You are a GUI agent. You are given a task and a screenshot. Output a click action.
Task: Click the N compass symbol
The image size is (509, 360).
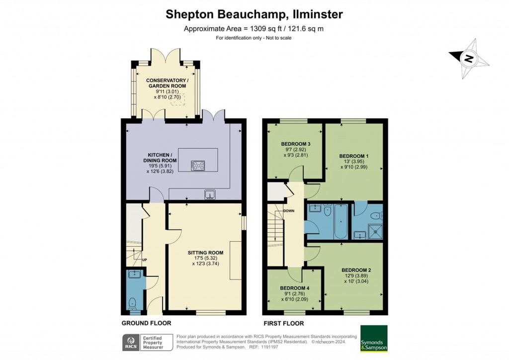point(468,59)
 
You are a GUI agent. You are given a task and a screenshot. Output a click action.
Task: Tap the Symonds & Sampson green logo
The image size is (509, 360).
point(374,339)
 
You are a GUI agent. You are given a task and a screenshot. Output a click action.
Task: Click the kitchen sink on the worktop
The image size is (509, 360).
point(211,194)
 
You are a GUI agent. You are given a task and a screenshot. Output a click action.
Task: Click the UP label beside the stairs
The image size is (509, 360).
point(145,260)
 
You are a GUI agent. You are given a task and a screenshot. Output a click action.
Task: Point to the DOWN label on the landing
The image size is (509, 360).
point(289,211)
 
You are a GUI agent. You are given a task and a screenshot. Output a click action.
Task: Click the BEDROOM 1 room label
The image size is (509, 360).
point(354,156)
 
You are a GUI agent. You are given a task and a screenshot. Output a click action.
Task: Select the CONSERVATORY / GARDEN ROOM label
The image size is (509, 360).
point(167,83)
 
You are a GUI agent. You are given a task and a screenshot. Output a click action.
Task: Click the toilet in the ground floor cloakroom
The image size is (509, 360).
point(133,303)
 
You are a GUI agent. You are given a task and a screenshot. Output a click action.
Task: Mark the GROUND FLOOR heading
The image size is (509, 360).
point(147,323)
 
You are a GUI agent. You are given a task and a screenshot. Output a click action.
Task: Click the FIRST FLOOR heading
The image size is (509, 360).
point(283,323)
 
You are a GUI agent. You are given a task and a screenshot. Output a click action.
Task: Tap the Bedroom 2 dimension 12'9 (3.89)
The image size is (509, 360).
point(354,276)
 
